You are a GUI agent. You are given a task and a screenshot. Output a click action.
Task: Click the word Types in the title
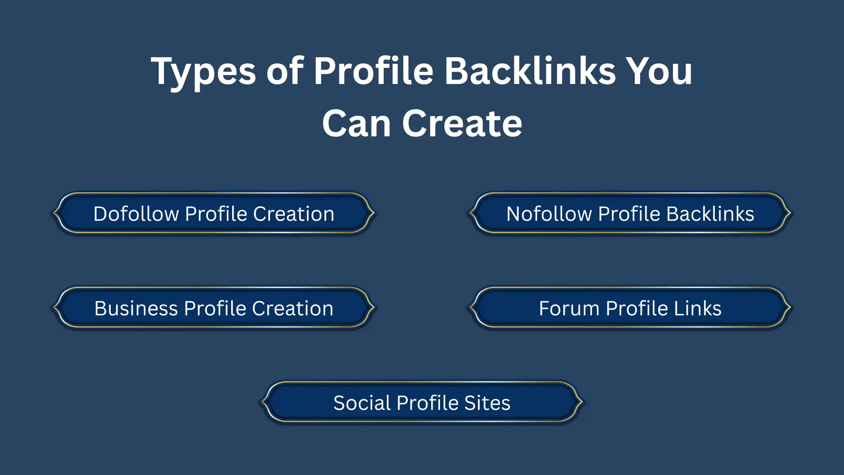[203, 72]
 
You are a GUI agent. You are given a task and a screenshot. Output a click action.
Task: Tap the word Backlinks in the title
[530, 71]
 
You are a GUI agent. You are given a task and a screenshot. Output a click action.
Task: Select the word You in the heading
[659, 71]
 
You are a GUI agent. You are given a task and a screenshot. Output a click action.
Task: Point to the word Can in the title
[357, 124]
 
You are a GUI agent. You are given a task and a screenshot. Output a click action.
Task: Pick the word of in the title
[285, 71]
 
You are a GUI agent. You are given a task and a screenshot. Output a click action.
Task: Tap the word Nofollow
[549, 214]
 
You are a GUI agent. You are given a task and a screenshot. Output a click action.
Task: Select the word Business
[136, 308]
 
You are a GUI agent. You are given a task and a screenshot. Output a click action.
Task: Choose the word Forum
[569, 308]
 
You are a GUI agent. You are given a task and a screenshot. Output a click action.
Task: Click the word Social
[362, 403]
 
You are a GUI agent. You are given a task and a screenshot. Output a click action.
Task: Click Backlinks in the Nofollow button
[710, 214]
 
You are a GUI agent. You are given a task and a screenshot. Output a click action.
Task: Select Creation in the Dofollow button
[294, 214]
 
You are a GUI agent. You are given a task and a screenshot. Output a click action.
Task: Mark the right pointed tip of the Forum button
[790, 307]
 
